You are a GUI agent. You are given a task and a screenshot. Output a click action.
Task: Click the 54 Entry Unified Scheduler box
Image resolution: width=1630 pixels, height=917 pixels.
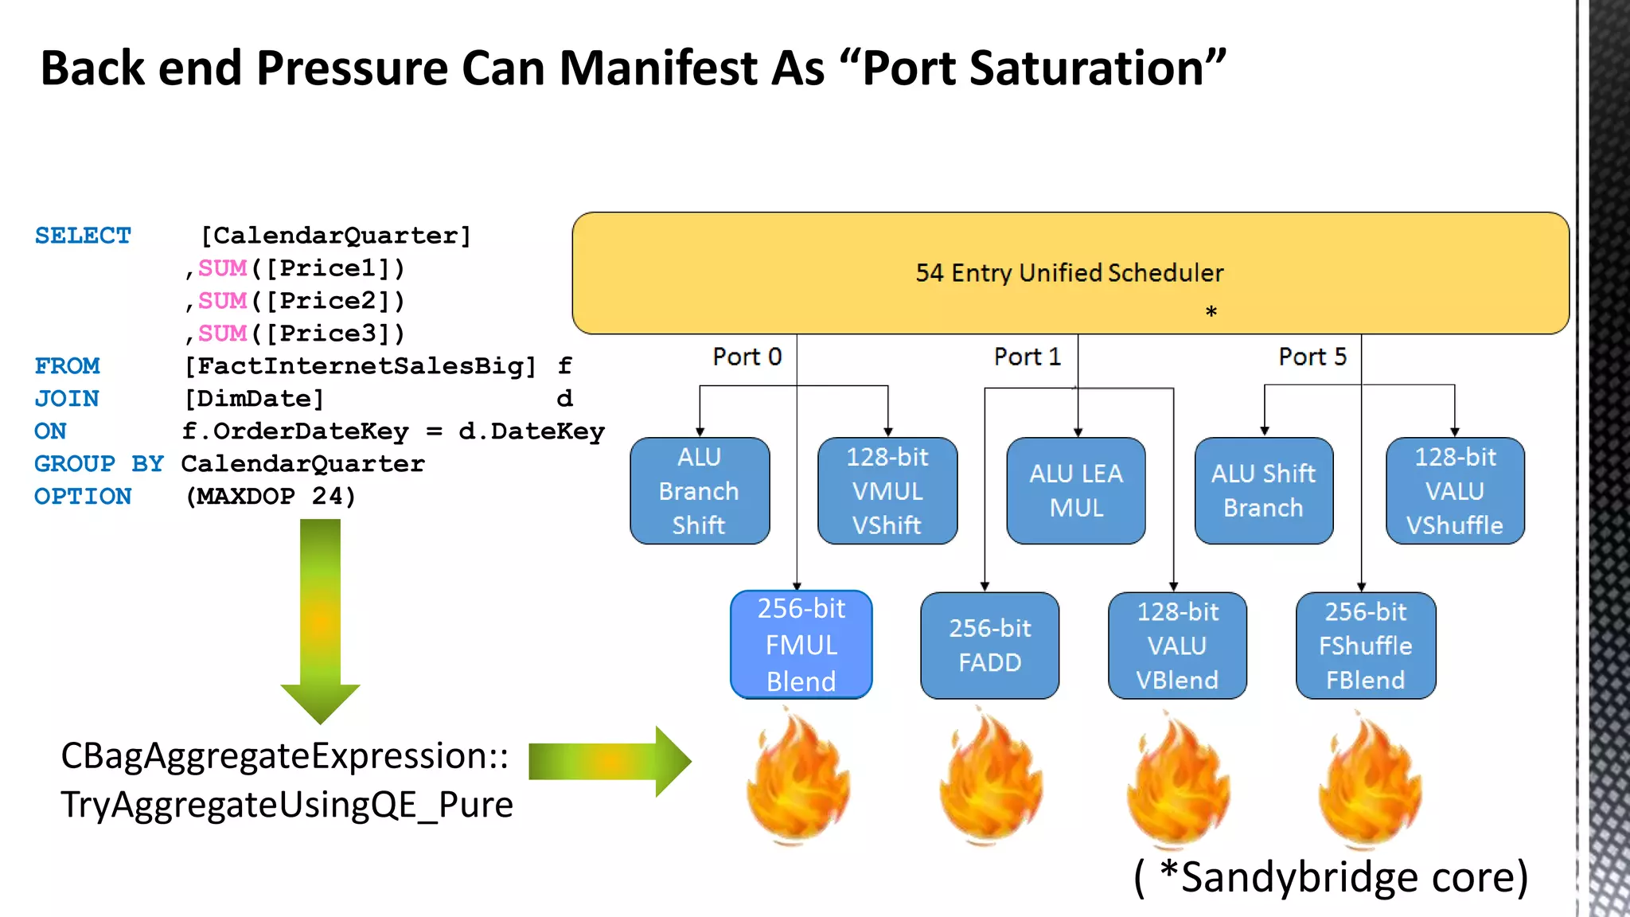pos(1070,272)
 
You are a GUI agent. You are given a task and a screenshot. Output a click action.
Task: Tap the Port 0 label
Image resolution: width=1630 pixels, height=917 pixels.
pos(747,357)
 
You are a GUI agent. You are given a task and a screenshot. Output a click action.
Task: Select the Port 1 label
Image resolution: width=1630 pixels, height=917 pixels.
pos(1027,357)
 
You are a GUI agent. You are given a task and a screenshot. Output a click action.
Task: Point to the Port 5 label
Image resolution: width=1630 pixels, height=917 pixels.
pos(1312,357)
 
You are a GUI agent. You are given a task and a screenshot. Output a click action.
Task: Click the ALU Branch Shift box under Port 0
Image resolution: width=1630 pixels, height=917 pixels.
pos(699,490)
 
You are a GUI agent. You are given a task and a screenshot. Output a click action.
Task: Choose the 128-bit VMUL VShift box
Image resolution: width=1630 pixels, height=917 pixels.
pos(887,490)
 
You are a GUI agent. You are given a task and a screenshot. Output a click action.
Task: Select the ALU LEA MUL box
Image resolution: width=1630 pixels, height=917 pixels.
pos(1075,490)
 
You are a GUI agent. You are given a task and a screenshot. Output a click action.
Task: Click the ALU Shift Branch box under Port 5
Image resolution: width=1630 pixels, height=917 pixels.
pos(1263,490)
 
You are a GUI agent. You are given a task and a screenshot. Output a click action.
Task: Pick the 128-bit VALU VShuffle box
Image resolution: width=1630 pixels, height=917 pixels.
pos(1454,490)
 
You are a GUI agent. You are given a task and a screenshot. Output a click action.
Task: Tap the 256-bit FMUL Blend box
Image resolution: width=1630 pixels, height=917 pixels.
pos(801,645)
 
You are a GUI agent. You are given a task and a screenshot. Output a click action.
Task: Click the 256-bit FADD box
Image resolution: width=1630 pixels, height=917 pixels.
pos(989,645)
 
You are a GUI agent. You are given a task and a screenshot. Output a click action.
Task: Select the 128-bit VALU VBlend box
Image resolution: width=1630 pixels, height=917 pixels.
pos(1177,645)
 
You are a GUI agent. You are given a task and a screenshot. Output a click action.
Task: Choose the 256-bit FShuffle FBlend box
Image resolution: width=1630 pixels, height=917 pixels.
pos(1365,645)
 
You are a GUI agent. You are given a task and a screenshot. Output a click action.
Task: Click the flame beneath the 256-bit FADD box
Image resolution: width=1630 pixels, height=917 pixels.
pos(989,780)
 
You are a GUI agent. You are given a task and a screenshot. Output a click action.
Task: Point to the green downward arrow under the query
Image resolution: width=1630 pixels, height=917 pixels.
pos(320,621)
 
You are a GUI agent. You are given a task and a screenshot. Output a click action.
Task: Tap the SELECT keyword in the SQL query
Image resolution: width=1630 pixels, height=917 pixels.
pos(83,236)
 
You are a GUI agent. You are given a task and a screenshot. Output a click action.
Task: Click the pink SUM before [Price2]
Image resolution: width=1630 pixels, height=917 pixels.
pos(222,301)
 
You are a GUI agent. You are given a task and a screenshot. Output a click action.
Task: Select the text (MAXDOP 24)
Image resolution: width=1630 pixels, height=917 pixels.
pos(270,496)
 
